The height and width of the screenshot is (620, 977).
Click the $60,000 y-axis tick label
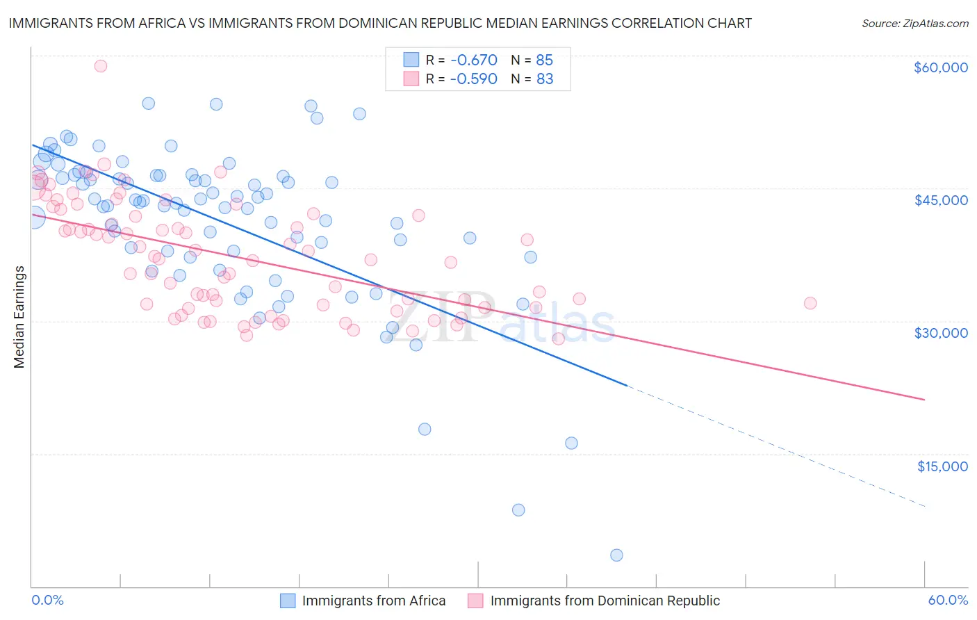click(940, 67)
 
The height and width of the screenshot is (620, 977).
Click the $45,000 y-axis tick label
click(940, 200)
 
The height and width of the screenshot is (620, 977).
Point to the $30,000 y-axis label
click(940, 333)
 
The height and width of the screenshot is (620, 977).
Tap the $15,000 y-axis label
click(942, 466)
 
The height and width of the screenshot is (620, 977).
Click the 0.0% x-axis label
click(47, 600)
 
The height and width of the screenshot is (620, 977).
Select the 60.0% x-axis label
click(948, 600)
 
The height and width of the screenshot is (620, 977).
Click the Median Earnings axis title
click(19, 316)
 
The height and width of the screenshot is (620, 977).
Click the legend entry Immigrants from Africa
click(373, 601)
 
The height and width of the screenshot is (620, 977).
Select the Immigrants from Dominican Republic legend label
click(605, 601)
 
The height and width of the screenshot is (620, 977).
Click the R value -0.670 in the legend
click(473, 60)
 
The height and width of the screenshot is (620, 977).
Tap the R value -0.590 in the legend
click(473, 79)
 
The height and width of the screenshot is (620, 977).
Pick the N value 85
click(545, 60)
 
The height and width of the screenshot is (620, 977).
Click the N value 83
click(545, 79)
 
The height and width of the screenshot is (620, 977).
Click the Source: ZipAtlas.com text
click(914, 24)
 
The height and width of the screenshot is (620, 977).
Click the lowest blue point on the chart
click(616, 555)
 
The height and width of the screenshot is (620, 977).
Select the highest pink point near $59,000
click(100, 66)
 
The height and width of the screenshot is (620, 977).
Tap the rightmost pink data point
click(810, 303)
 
